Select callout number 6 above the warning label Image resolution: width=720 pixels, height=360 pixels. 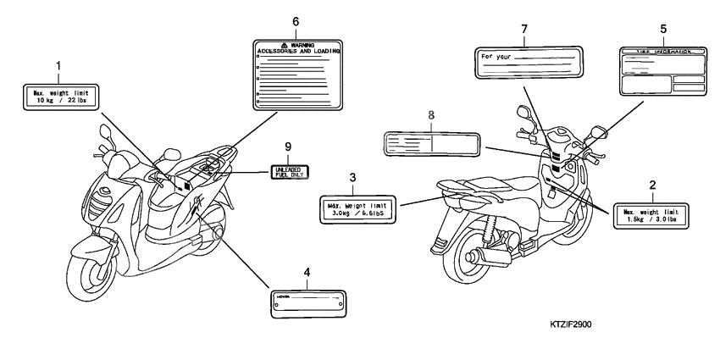(x=296, y=21)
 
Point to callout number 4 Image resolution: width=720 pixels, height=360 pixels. (x=307, y=272)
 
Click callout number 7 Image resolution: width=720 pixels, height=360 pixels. (x=524, y=30)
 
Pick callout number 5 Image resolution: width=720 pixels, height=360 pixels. (x=662, y=27)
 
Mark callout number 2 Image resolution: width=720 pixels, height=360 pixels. (x=652, y=184)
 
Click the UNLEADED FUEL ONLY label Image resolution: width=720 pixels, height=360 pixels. (x=288, y=173)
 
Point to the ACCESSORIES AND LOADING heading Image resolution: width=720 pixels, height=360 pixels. (x=296, y=51)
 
